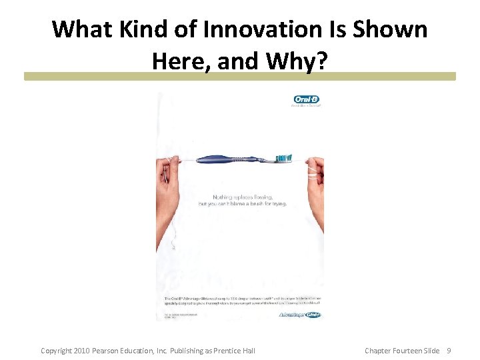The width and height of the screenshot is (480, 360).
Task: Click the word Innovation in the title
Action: coord(289,29)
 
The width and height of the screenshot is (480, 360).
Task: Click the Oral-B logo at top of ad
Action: coord(307,100)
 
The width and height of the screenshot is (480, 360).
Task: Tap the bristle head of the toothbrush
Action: coord(285,158)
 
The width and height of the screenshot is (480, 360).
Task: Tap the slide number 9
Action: coord(449,351)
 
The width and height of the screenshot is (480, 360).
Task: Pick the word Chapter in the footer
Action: coord(377,351)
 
